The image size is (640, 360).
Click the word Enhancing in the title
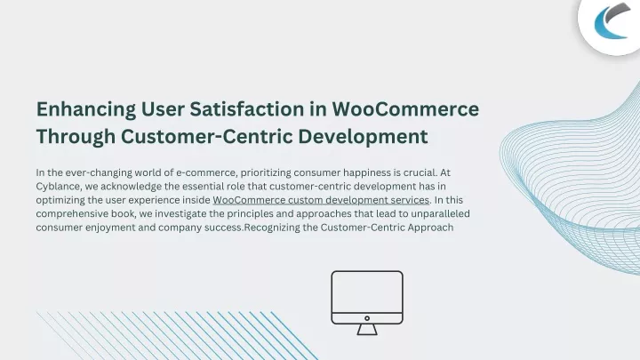86,110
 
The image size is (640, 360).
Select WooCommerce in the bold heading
405,109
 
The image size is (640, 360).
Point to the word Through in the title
76,137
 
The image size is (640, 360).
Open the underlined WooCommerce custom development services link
321,200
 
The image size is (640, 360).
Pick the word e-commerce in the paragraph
206,172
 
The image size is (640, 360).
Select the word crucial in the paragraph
420,172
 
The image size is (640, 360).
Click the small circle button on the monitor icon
367,318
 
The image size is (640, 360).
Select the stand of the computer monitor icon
367,330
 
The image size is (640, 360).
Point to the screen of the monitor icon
367,292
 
